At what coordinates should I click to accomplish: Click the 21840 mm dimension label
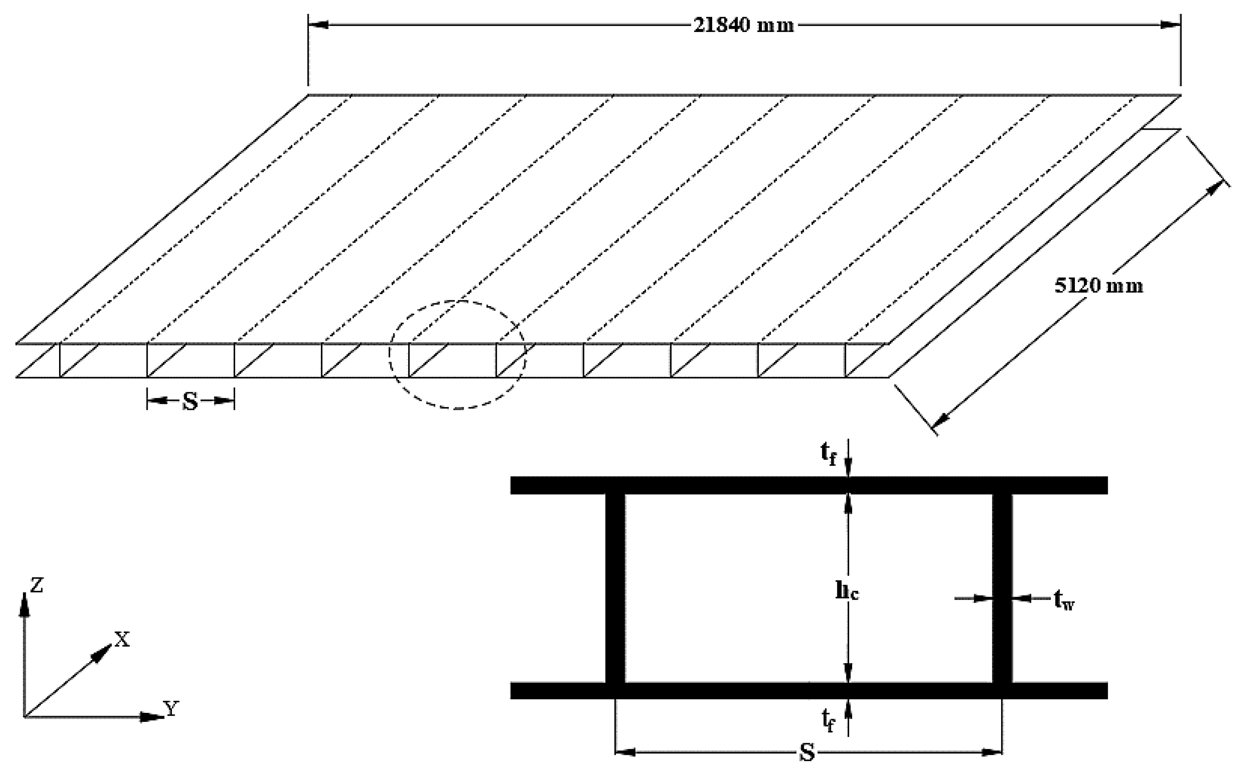(x=743, y=25)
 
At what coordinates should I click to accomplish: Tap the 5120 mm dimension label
(x=1098, y=286)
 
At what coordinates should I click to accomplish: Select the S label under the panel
(x=190, y=402)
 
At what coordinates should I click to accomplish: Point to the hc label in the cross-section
(x=847, y=592)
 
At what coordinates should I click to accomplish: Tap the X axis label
(x=122, y=639)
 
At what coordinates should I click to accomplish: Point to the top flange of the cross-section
(x=809, y=485)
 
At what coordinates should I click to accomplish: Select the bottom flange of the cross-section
(x=809, y=691)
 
